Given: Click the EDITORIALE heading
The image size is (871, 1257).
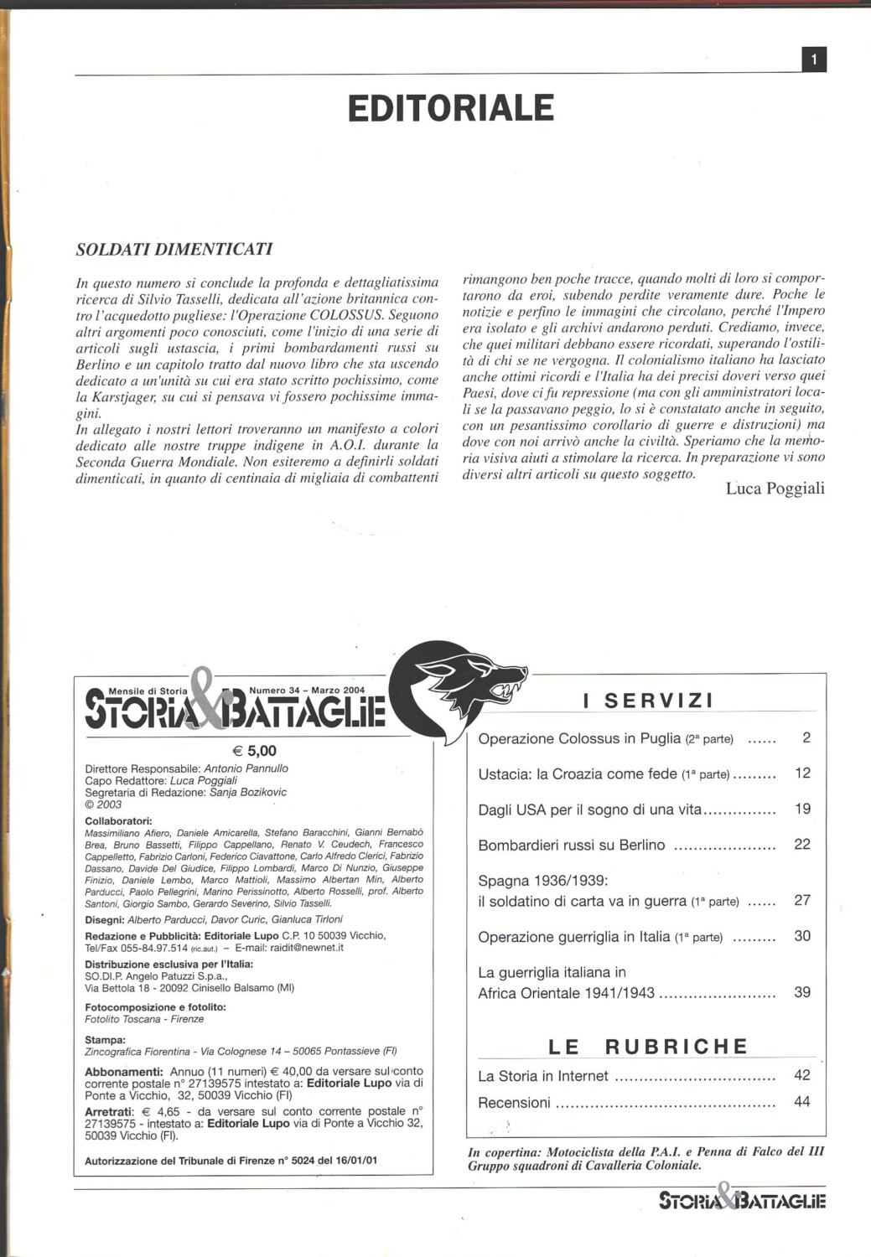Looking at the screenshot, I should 451,108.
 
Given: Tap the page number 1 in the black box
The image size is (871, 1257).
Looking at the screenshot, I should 814,59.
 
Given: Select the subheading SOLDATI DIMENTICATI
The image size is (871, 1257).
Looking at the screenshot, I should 174,249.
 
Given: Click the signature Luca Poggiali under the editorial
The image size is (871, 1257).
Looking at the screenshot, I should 775,489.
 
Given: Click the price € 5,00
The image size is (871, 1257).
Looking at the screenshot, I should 254,751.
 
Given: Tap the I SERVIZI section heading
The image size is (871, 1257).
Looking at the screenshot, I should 648,701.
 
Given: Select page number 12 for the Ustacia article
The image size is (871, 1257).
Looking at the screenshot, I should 802,773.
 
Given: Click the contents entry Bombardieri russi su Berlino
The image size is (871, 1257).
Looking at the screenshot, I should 572,845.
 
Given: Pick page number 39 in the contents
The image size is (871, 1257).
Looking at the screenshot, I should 802,992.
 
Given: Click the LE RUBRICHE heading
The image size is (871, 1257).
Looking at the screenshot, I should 648,1046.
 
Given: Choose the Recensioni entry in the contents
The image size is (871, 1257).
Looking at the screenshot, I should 514,1103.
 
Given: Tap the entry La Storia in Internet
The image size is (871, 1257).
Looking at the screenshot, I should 543,1076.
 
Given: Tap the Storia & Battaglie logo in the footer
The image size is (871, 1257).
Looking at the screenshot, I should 742,1200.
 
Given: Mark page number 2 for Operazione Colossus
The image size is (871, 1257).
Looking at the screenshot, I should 806,738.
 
